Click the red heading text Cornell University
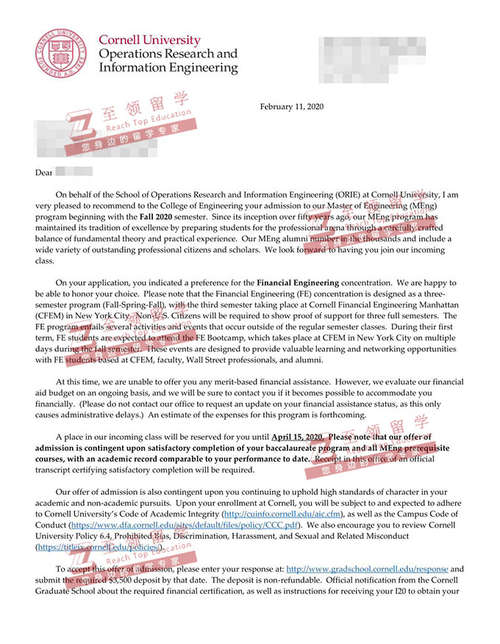pyautogui.click(x=149, y=40)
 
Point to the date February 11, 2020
pyautogui.click(x=292, y=107)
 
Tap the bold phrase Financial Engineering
pyautogui.click(x=298, y=282)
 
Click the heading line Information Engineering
pyautogui.click(x=168, y=68)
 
